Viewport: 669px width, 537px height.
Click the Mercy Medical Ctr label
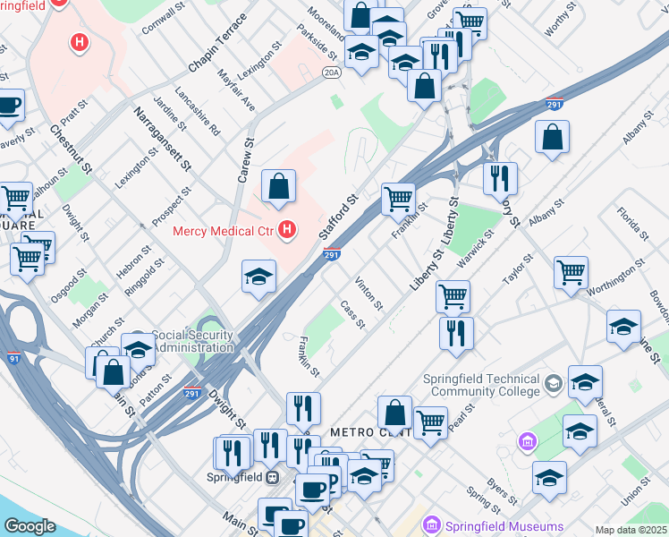[222, 231]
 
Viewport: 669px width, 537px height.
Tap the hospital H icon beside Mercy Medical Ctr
[287, 231]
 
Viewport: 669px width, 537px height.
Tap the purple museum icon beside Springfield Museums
[434, 524]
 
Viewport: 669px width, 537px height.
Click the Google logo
[30, 525]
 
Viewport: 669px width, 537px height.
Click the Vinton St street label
[368, 294]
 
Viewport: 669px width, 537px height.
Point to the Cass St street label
[352, 314]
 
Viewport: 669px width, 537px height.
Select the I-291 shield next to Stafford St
[332, 256]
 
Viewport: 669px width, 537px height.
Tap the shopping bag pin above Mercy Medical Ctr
[279, 187]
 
